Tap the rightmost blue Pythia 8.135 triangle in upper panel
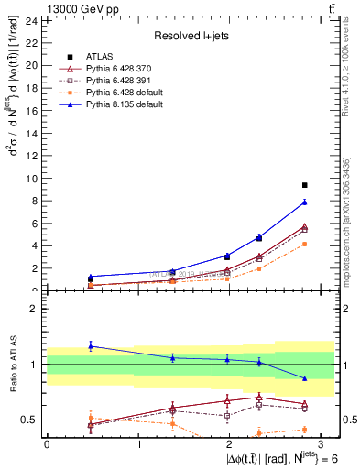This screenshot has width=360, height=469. [x=305, y=202]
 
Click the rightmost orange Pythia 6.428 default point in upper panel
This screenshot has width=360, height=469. [x=305, y=244]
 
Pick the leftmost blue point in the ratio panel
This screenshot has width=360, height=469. [x=91, y=345]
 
